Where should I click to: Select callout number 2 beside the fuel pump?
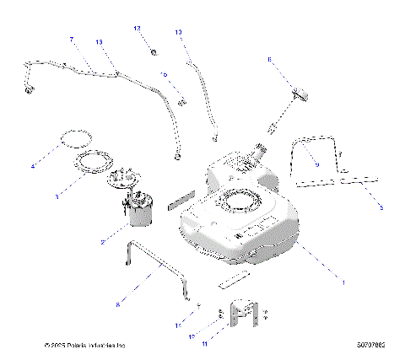tap(104, 242)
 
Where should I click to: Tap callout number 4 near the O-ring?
tap(33, 166)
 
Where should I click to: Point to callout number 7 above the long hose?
tap(72, 40)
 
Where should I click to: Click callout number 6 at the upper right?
tap(269, 60)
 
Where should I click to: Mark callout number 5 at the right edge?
tap(381, 207)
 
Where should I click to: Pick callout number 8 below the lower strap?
tap(117, 299)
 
